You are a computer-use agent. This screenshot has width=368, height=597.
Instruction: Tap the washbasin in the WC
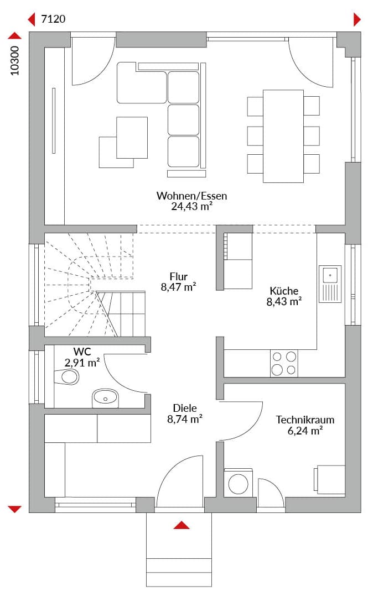pyautogui.click(x=105, y=398)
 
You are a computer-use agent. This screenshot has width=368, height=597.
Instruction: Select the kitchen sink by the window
pyautogui.click(x=330, y=284)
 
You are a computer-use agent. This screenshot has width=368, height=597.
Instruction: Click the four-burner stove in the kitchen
pyautogui.click(x=284, y=363)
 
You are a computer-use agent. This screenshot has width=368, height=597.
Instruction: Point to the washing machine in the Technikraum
pyautogui.click(x=238, y=483)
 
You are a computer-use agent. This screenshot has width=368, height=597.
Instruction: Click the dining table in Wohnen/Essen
pyautogui.click(x=283, y=137)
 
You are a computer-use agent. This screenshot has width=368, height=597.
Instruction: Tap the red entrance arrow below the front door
pyautogui.click(x=182, y=525)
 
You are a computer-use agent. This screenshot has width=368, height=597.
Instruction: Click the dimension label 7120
pyautogui.click(x=53, y=19)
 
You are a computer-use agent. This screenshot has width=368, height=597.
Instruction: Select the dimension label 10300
pyautogui.click(x=14, y=61)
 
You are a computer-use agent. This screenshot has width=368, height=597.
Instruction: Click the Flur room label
pyautogui.click(x=179, y=276)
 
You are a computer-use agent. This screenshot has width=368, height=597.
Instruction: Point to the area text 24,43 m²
pyautogui.click(x=192, y=206)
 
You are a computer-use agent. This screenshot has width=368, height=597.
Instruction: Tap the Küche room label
pyautogui.click(x=284, y=291)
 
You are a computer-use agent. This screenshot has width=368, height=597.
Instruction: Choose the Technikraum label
pyautogui.click(x=305, y=420)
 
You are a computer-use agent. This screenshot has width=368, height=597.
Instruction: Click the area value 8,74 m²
pyautogui.click(x=185, y=419)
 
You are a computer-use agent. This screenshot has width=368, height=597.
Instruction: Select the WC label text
pyautogui.click(x=82, y=351)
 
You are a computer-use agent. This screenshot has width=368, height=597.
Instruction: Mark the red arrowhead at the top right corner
pyautogui.click(x=357, y=19)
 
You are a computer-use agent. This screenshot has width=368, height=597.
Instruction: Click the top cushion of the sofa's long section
pyautogui.click(x=183, y=87)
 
